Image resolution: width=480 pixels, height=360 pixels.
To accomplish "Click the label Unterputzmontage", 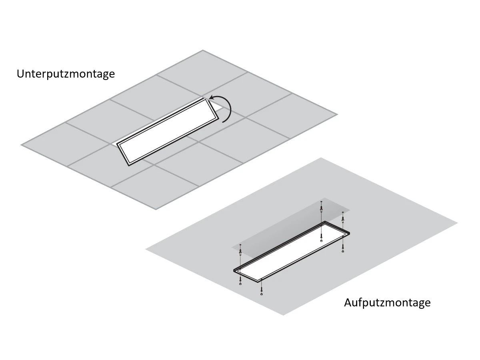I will (66, 74).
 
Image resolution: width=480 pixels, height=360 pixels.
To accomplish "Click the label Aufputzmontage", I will (387, 302).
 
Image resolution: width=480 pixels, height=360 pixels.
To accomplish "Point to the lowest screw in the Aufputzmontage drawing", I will (261, 294).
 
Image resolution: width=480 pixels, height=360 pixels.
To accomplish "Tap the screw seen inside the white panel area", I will (322, 240).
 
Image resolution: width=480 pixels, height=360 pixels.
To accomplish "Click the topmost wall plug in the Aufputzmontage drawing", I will (321, 208).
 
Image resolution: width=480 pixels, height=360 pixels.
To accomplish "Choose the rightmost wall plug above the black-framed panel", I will (342, 218).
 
